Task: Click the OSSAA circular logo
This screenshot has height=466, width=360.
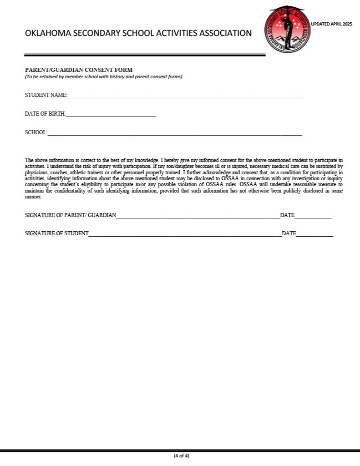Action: click(287, 30)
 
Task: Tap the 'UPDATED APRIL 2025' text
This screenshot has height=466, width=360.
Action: click(331, 24)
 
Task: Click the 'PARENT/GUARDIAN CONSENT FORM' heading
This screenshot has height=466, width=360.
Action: click(79, 70)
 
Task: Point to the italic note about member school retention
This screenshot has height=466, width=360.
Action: click(103, 76)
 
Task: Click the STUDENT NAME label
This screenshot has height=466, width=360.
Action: click(46, 95)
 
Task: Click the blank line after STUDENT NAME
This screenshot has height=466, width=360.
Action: click(185, 96)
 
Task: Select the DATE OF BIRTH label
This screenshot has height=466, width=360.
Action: click(45, 114)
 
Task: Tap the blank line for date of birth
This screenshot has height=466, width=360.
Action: click(111, 115)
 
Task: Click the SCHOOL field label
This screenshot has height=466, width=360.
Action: click(36, 132)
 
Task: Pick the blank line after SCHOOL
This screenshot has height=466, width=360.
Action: click(175, 134)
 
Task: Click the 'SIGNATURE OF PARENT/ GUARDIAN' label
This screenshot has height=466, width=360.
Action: click(71, 215)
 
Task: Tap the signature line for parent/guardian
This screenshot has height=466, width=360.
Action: click(198, 217)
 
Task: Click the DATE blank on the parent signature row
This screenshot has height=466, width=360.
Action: click(313, 217)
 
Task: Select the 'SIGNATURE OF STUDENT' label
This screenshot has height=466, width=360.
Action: click(57, 233)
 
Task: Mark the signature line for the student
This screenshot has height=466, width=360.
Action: click(185, 235)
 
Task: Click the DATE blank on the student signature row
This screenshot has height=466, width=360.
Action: click(315, 235)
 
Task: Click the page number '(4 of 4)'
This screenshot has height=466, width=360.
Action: click(181, 456)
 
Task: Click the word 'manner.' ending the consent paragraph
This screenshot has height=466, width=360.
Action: click(33, 197)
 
